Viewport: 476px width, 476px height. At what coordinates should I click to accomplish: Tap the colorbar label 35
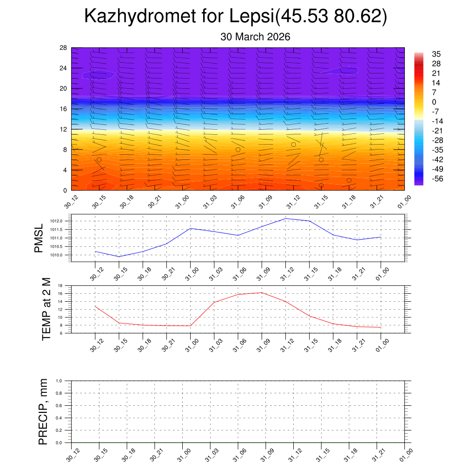(x=436, y=54)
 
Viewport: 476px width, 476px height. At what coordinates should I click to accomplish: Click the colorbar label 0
(x=434, y=102)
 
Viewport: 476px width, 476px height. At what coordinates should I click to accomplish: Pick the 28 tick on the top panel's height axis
(x=63, y=48)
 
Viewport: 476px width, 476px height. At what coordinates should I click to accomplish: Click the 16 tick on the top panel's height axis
(x=63, y=109)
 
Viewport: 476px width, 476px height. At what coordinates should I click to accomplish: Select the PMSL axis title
(x=39, y=238)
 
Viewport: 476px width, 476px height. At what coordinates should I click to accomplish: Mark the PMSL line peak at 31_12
(x=285, y=218)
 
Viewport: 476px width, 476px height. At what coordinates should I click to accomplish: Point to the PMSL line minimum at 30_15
(x=119, y=257)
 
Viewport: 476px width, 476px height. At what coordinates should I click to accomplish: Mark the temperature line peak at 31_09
(x=262, y=292)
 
